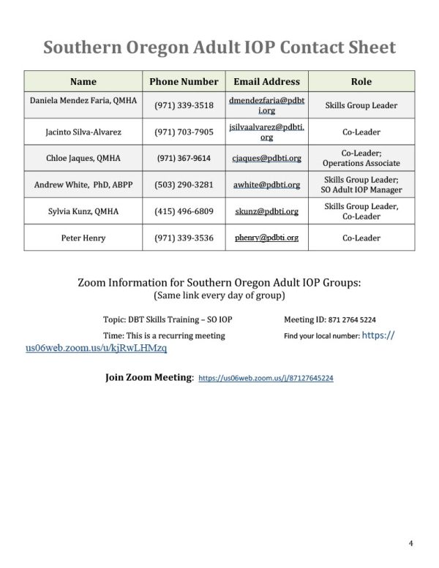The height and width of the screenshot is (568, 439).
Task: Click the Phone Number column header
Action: point(184,82)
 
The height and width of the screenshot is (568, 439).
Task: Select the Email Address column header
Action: point(266,82)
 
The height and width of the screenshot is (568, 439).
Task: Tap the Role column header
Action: point(361,82)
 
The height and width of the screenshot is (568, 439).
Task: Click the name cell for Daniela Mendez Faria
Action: point(82,99)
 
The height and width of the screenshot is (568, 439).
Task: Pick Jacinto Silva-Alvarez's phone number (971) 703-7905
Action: point(184,132)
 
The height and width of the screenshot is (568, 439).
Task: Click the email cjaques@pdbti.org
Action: point(266,157)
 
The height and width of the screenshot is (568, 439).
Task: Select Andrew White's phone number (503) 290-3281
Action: point(184,185)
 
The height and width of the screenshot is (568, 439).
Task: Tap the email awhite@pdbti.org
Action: point(266,185)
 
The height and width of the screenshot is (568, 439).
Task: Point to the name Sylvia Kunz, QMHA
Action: point(82,211)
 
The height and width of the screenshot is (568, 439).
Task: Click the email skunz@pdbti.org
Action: point(266,211)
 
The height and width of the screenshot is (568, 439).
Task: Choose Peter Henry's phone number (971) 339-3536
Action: point(184,238)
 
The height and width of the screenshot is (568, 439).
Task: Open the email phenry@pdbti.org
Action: point(266,238)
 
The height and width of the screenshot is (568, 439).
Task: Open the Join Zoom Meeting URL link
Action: point(266,379)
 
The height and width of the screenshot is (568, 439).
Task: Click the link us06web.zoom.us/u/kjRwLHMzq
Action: point(96,349)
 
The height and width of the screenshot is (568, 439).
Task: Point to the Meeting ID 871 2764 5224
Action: point(330,319)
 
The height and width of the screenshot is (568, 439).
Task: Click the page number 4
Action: point(411,544)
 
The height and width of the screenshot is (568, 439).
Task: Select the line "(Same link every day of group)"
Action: point(219,296)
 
